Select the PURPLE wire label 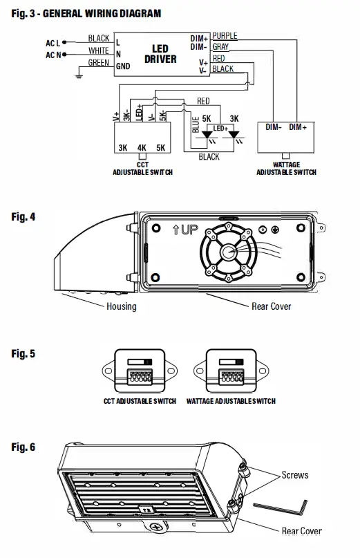click(225, 35)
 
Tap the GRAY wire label click(220, 46)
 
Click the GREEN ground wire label click(99, 63)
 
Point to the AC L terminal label click(53, 43)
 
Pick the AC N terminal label click(53, 55)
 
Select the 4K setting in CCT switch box click(142, 148)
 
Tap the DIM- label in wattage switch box click(274, 127)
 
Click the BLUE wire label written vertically click(196, 124)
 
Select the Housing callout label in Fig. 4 click(121, 306)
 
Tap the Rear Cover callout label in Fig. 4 click(271, 306)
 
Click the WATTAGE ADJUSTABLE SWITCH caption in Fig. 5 click(231, 401)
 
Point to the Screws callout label click(294, 475)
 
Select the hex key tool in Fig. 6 click(280, 509)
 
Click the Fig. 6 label click(23, 447)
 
